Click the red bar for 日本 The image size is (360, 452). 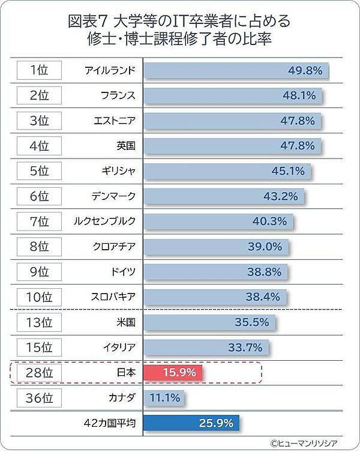pyautogui.click(x=173, y=372)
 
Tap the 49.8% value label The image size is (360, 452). pyautogui.click(x=305, y=70)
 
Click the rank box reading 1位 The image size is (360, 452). pyautogui.click(x=40, y=70)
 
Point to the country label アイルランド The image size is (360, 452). pyautogui.click(x=110, y=70)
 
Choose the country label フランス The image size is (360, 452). pyautogui.click(x=118, y=95)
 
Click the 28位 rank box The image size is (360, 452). pyautogui.click(x=40, y=372)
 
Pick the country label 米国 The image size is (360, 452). pyautogui.click(x=126, y=322)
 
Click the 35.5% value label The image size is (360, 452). pyautogui.click(x=251, y=322)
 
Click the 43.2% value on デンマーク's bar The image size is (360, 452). pyautogui.click(x=280, y=196)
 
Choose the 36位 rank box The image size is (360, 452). pyautogui.click(x=40, y=397)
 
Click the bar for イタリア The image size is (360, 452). pyautogui.click(x=205, y=347)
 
